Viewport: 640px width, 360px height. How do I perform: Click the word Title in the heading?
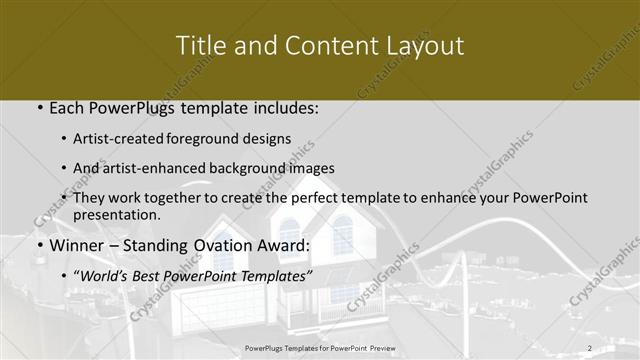(x=199, y=46)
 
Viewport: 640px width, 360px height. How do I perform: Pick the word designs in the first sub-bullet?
(x=270, y=139)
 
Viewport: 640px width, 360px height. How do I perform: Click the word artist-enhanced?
(x=155, y=168)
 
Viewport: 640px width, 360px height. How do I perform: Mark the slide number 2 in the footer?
(x=590, y=348)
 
